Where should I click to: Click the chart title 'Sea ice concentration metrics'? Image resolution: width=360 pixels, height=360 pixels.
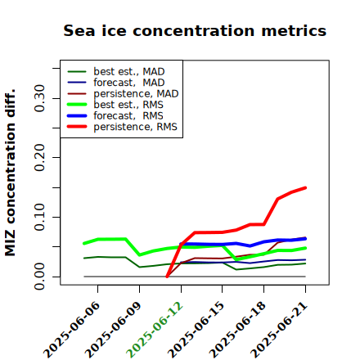(195, 30)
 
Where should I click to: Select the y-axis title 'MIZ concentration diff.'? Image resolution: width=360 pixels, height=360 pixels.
(11, 173)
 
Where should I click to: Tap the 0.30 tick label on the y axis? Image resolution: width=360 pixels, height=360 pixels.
(40, 98)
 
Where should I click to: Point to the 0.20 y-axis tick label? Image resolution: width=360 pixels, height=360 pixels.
(40, 158)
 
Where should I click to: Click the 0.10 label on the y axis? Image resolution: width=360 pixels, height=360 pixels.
(40, 217)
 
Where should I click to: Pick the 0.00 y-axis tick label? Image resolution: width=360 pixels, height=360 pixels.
(40, 277)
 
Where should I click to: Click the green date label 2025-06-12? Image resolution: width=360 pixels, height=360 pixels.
(155, 330)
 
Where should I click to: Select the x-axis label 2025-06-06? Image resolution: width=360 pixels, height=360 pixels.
(71, 330)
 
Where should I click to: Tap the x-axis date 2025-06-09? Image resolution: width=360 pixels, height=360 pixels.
(113, 330)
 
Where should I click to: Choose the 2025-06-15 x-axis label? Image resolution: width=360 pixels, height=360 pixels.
(196, 330)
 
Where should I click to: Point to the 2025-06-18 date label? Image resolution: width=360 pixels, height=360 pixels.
(237, 330)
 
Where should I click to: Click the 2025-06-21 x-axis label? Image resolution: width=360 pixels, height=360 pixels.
(279, 330)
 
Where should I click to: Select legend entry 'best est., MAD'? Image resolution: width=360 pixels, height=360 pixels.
(129, 71)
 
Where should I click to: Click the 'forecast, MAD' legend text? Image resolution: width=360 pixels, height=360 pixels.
(129, 83)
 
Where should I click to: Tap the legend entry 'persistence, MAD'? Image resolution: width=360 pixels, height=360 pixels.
(136, 93)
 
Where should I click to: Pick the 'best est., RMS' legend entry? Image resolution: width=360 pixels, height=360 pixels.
(128, 105)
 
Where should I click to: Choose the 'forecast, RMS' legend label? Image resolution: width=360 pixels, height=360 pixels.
(128, 115)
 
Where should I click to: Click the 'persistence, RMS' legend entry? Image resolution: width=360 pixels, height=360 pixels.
(135, 127)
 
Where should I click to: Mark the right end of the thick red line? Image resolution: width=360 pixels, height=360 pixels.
(305, 187)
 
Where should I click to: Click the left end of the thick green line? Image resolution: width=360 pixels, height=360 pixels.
(84, 243)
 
